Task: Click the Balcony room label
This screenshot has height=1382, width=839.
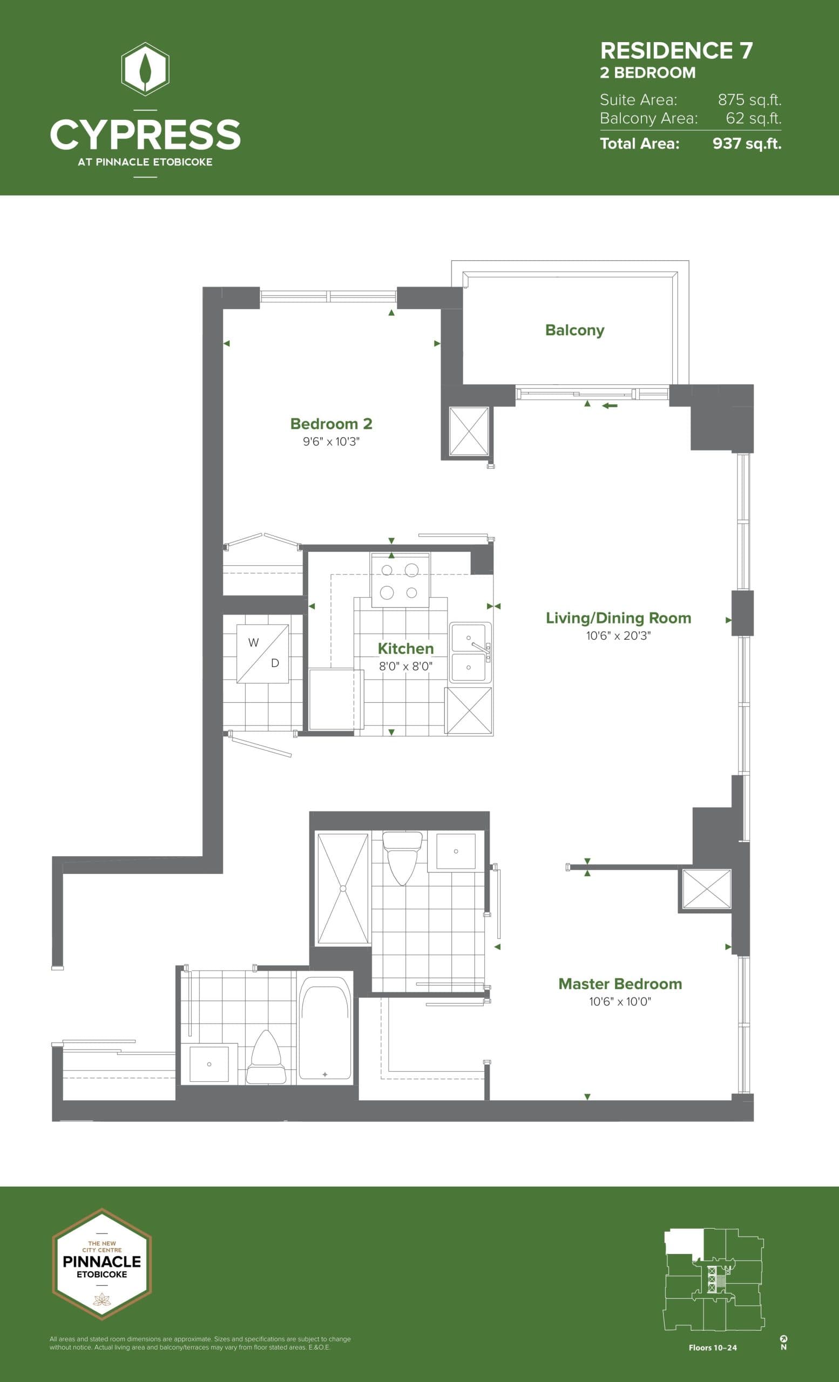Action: coord(574,330)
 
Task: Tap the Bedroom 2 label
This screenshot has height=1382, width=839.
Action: coord(331,423)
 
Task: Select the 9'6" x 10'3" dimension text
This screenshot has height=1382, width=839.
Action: coord(331,442)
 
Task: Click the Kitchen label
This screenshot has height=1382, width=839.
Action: coord(405,648)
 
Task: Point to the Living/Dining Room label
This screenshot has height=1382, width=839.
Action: coord(618,618)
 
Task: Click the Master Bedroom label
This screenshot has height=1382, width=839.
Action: coord(620,984)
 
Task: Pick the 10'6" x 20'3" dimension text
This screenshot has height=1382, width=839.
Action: coord(618,635)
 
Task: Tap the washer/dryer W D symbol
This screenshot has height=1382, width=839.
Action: coord(262,653)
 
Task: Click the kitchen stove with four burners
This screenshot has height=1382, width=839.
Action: coord(400,580)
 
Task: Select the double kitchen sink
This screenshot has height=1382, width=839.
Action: coord(470,652)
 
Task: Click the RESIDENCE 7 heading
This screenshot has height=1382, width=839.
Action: coord(676,51)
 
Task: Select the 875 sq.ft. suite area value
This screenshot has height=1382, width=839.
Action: coord(749,100)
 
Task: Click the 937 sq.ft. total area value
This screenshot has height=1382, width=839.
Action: coord(747,144)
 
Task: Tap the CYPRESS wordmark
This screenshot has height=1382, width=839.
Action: coord(145,134)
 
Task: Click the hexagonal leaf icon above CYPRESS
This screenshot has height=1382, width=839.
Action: coord(145,69)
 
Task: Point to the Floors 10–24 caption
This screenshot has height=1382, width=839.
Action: coord(712,1348)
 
